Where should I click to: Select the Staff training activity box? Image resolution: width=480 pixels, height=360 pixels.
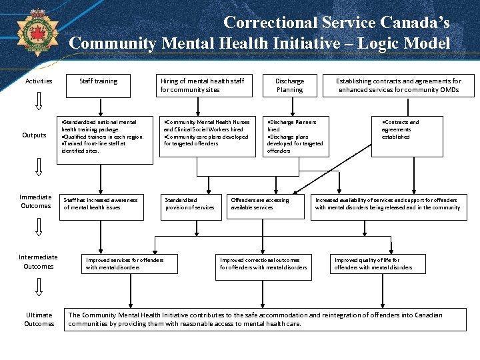pyautogui.click(x=98, y=81)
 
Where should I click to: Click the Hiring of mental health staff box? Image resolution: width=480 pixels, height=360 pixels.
pyautogui.click(x=202, y=85)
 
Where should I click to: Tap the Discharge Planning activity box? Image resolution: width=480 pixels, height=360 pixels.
pyautogui.click(x=289, y=85)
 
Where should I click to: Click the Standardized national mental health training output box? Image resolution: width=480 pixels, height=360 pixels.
pyautogui.click(x=102, y=137)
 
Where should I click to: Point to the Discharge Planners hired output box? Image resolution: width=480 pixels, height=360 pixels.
pyautogui.click(x=295, y=137)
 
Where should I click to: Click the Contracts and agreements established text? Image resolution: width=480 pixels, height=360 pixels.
pyautogui.click(x=400, y=129)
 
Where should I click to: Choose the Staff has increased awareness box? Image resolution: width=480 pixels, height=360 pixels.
pyautogui.click(x=102, y=204)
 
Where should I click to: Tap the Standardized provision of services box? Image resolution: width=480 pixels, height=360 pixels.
pyautogui.click(x=190, y=204)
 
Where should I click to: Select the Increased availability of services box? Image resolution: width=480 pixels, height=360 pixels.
pyautogui.click(x=388, y=204)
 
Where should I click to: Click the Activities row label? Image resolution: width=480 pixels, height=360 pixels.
pyautogui.click(x=39, y=81)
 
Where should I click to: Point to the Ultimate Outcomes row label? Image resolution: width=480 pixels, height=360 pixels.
pyautogui.click(x=39, y=319)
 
